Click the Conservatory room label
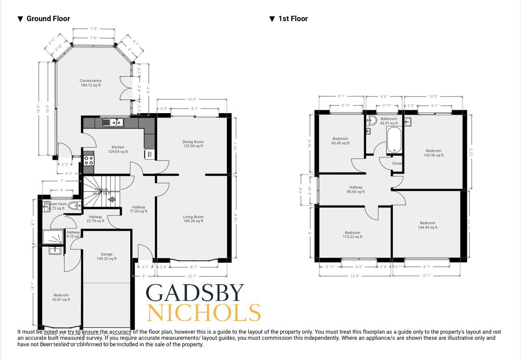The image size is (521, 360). [x=90, y=83]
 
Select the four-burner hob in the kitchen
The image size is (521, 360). [x=88, y=160]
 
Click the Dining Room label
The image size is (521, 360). [x=193, y=144]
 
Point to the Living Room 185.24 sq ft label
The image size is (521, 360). [x=193, y=219]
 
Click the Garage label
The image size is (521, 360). [x=107, y=256]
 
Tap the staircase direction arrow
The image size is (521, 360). [x=112, y=199]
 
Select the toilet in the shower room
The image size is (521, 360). [x=74, y=206]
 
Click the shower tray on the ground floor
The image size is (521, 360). [x=54, y=238]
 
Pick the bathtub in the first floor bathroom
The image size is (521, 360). [x=394, y=140]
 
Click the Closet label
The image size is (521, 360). [x=397, y=163]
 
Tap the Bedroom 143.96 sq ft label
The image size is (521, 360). [x=433, y=153]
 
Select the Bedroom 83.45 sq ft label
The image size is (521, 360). [x=340, y=141]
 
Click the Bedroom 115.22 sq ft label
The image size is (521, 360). [x=353, y=235]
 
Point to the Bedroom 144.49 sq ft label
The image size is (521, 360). [x=428, y=225]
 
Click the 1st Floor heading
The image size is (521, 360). [x=293, y=19]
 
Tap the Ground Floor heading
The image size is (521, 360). [x=48, y=19]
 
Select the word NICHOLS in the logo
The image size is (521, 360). [x=203, y=313]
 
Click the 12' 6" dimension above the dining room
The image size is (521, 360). [x=192, y=99]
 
